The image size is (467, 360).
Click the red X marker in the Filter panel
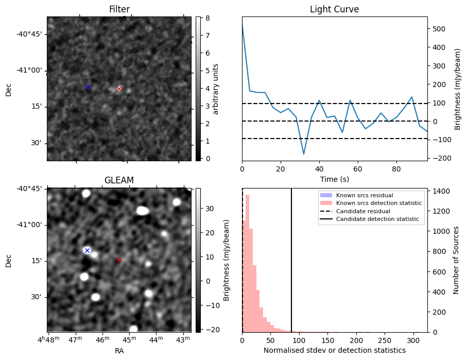(119, 89)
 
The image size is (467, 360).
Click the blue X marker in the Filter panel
(88, 87)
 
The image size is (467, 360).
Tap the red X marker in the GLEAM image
(119, 260)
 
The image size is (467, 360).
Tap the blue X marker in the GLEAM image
(87, 250)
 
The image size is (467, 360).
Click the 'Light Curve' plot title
(334, 9)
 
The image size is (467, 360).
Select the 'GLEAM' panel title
(119, 180)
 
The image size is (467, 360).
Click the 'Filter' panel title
(119, 9)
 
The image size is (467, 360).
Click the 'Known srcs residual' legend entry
(364, 195)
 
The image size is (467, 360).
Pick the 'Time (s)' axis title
(334, 179)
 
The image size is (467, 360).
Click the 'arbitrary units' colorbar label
(216, 89)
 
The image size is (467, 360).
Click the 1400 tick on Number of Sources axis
(440, 191)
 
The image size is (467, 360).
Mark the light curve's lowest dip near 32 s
(304, 154)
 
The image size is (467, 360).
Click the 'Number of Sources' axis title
(456, 260)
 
